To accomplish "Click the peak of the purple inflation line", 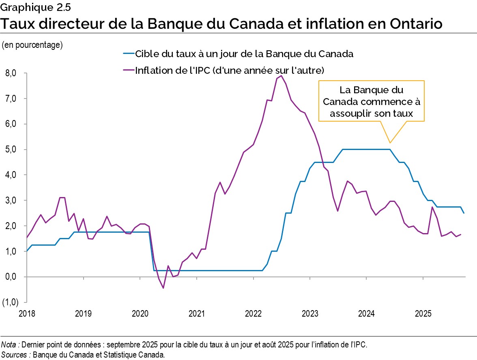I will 281,75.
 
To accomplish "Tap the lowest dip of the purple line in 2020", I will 163,288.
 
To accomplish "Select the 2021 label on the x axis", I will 196,313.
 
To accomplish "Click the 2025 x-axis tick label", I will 423,313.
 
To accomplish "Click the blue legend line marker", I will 128,54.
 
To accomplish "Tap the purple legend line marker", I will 128,70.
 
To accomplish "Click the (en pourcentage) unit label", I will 32,45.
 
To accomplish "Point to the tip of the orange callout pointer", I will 390,143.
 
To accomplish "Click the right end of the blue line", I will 464,213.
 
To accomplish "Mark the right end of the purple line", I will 461,234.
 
